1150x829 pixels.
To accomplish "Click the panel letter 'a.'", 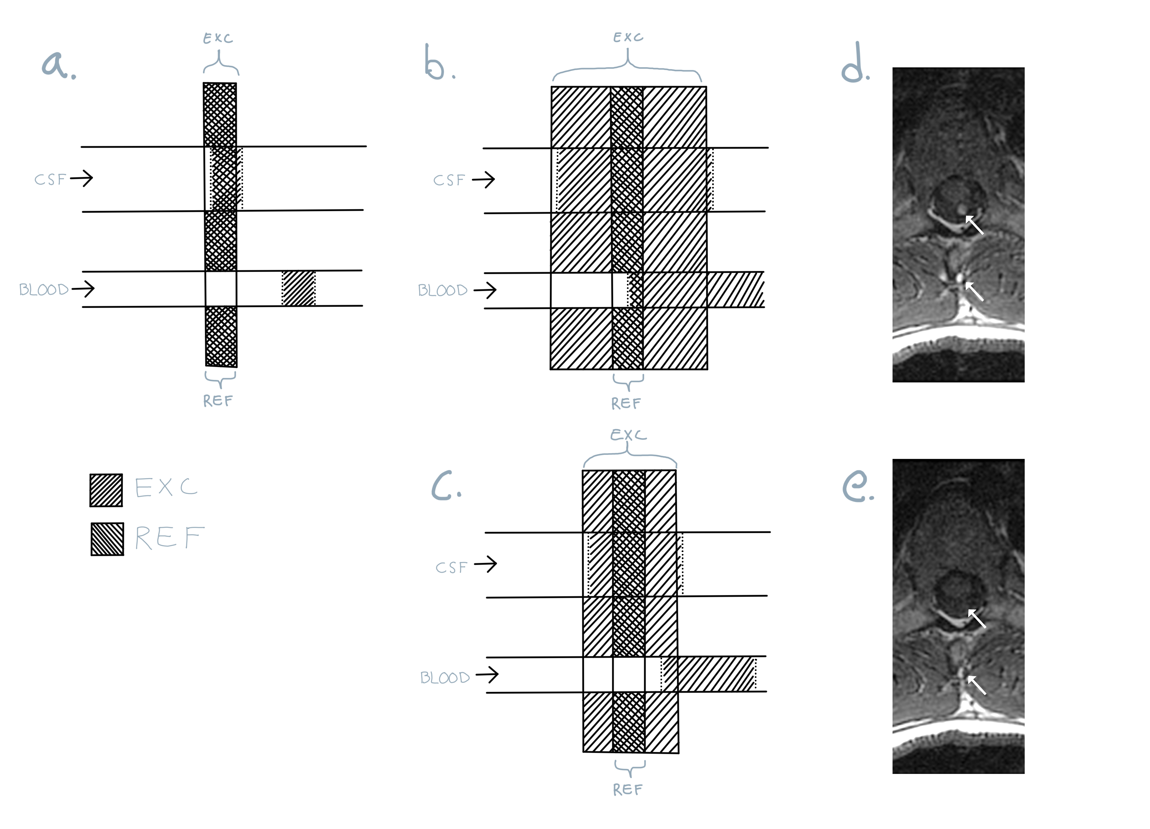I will pos(58,65).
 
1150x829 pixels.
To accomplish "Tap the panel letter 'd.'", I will pos(855,63).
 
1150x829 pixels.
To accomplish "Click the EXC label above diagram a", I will pos(218,39).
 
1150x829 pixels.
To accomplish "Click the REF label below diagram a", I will pos(218,401).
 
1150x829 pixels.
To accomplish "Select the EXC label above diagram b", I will pos(628,37).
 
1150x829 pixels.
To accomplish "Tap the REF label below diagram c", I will pos(628,789).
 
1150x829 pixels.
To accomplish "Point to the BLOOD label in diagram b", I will pos(442,290).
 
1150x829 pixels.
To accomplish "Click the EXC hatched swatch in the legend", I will pos(106,490).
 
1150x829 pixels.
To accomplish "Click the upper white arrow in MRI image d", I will pos(974,225).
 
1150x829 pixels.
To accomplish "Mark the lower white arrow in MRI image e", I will pos(977,685).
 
